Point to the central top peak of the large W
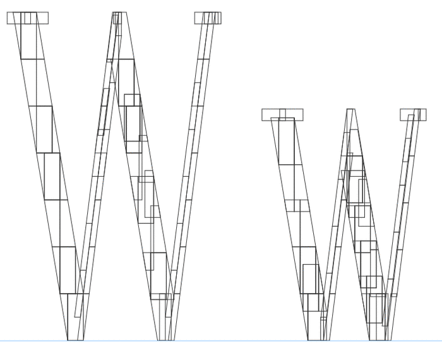point(119,13)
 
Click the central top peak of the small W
point(350,110)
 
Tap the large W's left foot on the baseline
point(76,340)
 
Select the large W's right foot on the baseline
point(165,340)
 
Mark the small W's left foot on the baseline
point(318,340)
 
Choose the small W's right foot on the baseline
point(380,340)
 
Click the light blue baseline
point(221,341)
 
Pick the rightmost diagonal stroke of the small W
point(402,225)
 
